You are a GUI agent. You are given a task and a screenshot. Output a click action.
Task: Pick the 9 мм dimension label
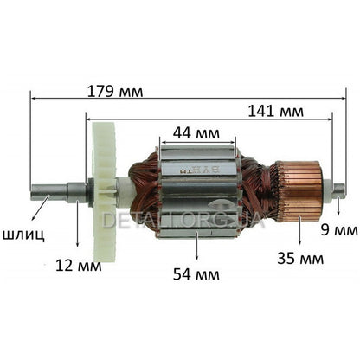point(339,229)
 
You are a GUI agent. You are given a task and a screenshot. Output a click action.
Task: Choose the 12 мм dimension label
point(79,263)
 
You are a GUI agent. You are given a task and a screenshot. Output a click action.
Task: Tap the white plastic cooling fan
point(104,185)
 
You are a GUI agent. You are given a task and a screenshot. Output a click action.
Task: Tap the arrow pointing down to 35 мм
point(299,228)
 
